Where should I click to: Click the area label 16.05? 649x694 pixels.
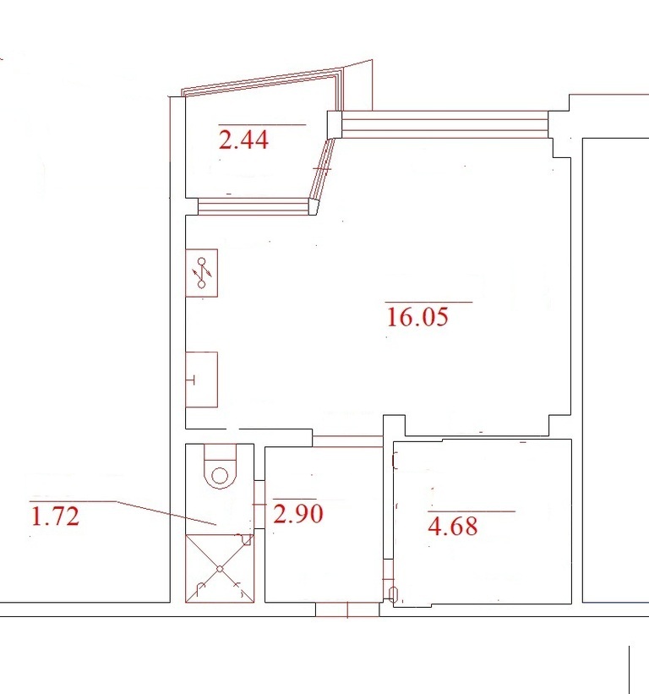pos(417,317)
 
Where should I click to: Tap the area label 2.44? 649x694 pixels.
pos(243,139)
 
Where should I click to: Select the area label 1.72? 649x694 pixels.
pos(55,516)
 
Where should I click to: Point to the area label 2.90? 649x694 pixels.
pos(297,514)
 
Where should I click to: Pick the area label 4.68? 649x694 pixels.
pos(453,527)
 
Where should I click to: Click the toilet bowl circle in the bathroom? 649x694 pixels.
pos(220,476)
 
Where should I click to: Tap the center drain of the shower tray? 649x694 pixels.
pos(220,569)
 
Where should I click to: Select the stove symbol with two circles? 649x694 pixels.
pos(201,273)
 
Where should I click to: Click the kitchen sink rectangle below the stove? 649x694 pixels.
pos(201,380)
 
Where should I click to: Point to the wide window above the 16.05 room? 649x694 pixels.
pos(444,124)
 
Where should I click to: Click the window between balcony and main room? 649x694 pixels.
pos(253,207)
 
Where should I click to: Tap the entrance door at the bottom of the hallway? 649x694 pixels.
pos(347,609)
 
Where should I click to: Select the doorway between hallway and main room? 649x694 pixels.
pos(347,441)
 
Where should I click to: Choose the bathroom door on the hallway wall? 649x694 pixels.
pos(259,504)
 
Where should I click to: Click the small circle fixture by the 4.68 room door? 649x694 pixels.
pos(393,593)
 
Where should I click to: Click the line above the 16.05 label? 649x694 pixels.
pos(429,302)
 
